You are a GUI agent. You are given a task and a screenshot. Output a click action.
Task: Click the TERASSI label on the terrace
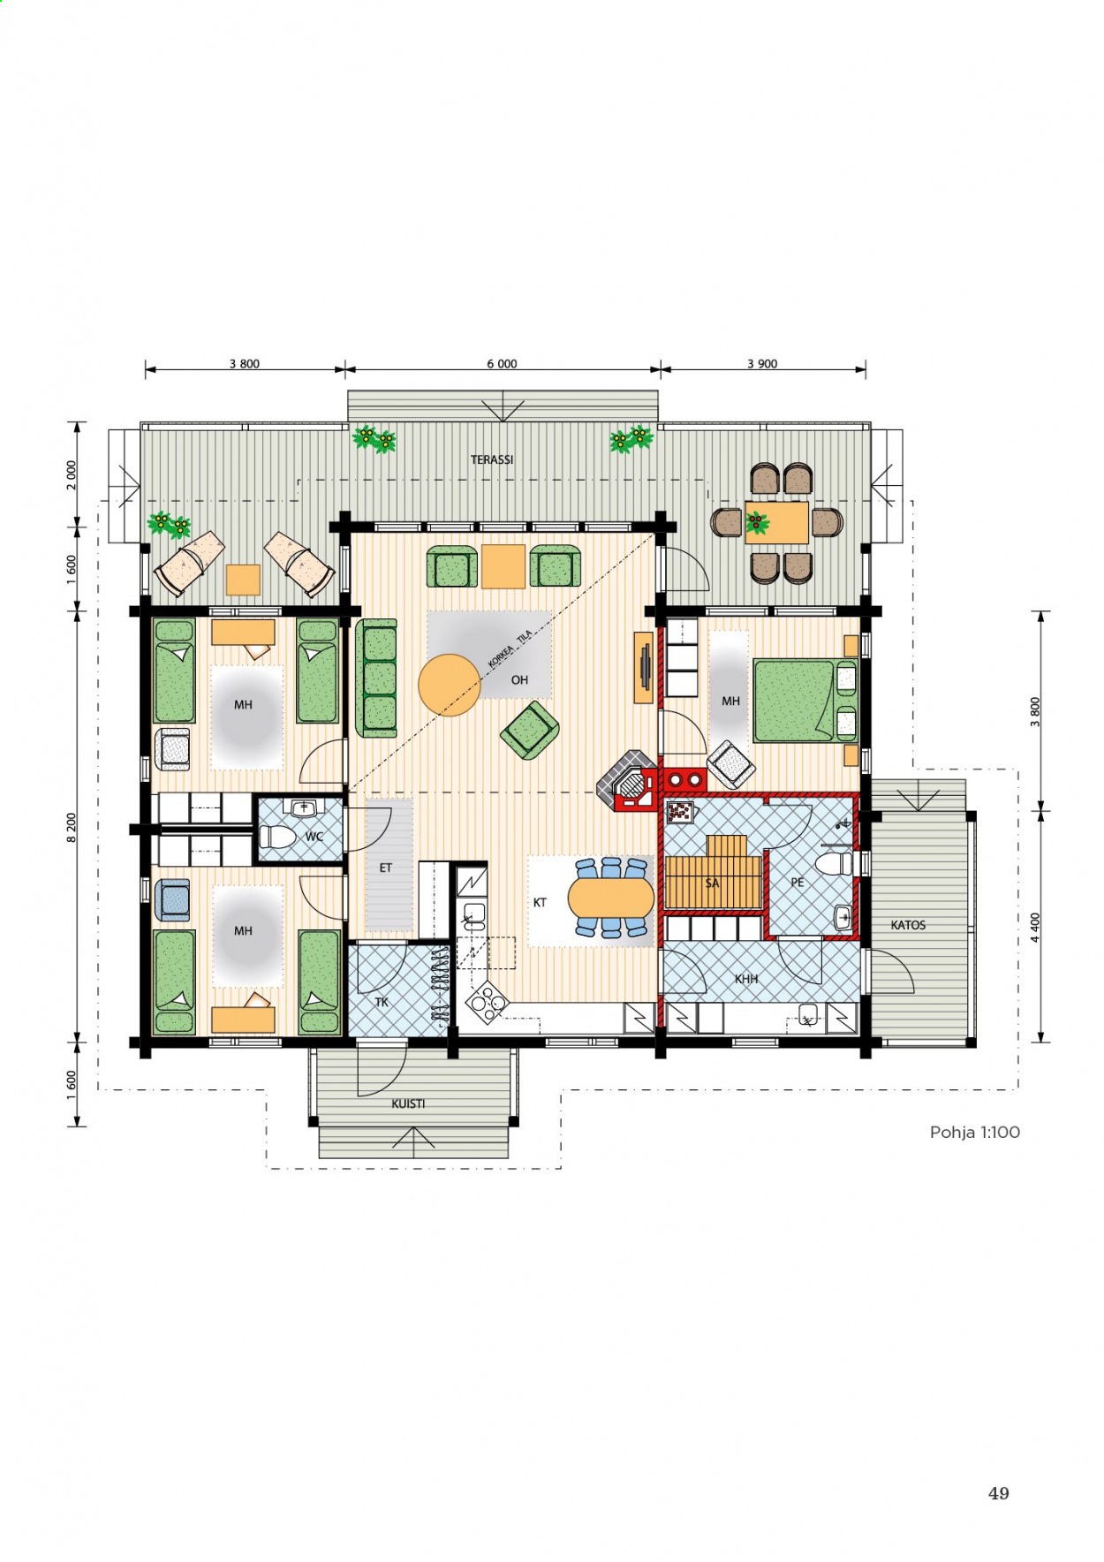pos(492,459)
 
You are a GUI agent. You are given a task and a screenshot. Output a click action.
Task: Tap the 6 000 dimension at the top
pos(502,364)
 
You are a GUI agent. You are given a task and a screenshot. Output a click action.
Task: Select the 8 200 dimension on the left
pos(72,828)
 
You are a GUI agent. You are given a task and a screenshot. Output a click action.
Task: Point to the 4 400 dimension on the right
pos(1035,928)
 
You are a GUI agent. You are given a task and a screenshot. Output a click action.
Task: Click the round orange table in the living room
pos(450,685)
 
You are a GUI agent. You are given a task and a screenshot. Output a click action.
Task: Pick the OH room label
pos(519,680)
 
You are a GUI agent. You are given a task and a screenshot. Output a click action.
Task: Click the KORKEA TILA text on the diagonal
pos(510,649)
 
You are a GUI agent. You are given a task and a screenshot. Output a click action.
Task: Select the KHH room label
pos(746,979)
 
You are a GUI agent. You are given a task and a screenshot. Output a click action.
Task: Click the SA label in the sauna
pos(712,883)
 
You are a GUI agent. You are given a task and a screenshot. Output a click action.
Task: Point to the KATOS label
pos(908,925)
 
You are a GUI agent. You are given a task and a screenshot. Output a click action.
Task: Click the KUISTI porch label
pos(408,1103)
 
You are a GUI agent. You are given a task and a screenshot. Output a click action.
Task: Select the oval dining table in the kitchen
pos(610,899)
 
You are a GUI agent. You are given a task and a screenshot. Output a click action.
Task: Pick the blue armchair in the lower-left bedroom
pos(173,900)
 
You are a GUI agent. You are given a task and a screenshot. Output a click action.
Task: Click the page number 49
pos(998,1493)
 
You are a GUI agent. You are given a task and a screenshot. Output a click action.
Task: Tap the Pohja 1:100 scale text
pos(974,1132)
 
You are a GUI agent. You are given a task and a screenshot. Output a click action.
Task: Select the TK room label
pos(382,1002)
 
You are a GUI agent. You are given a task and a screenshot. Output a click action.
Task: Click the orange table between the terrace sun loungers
pos(243,580)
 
